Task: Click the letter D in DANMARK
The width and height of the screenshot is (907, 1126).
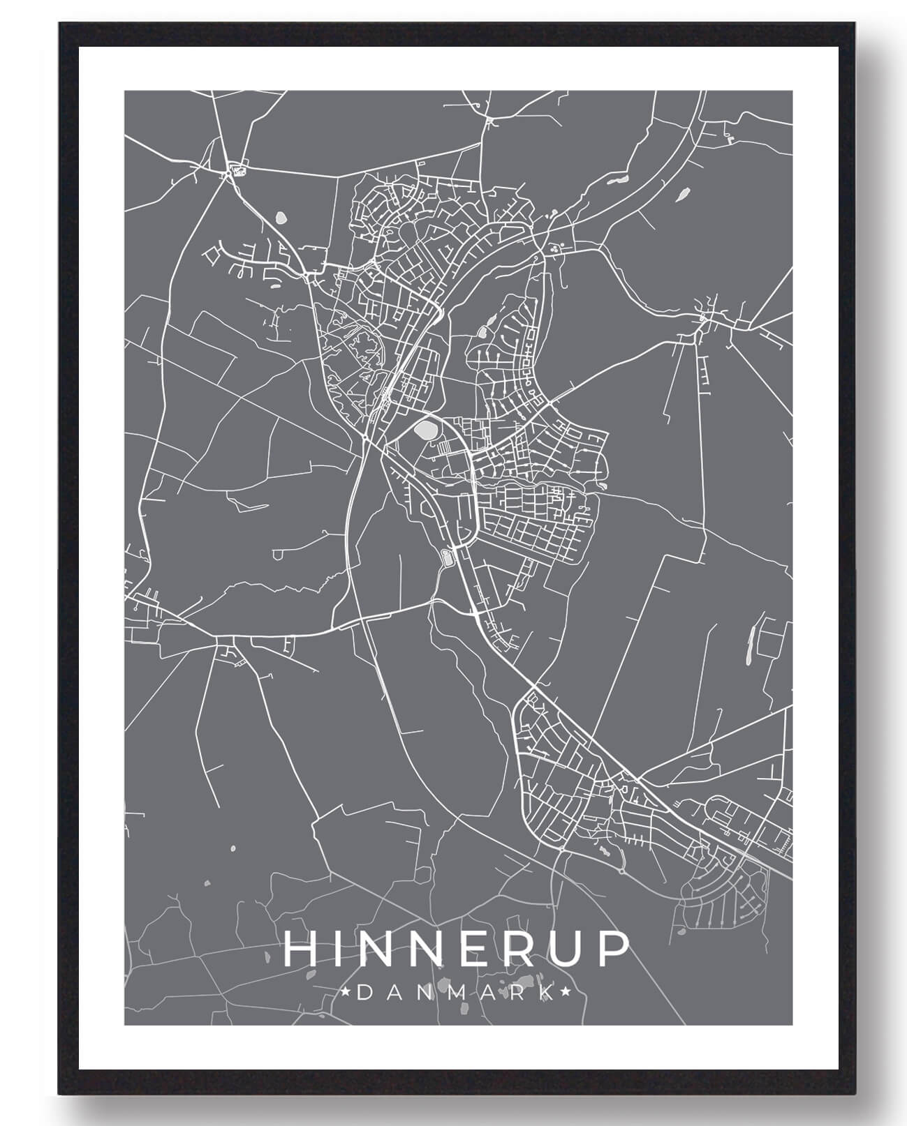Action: [364, 992]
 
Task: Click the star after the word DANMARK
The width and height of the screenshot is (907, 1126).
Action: [566, 992]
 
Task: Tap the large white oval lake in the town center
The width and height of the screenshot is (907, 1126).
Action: [425, 428]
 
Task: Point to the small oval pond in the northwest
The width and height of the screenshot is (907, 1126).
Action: [281, 218]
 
